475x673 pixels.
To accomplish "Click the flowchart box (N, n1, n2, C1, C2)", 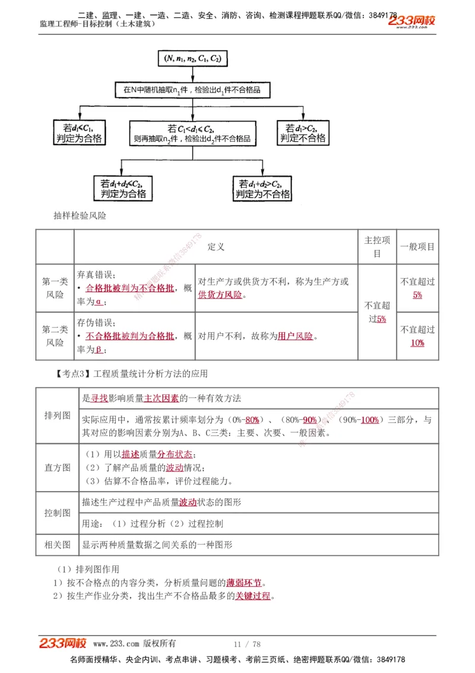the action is (x=192, y=59).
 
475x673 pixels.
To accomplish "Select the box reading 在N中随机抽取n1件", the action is (x=192, y=90).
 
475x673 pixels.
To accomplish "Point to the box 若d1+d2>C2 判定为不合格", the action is (x=262, y=188).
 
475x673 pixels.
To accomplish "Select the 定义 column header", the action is (x=216, y=247).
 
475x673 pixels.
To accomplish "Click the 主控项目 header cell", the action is (x=377, y=247).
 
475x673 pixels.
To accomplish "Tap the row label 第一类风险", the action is (x=55, y=288).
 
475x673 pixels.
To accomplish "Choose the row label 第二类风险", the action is (x=55, y=336).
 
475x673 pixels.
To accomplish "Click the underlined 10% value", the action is (x=417, y=343).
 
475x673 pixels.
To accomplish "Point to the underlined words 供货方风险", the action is (x=220, y=295).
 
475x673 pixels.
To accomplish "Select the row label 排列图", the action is (x=58, y=415).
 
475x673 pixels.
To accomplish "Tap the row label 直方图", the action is (x=58, y=467).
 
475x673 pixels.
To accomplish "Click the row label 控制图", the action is (x=58, y=512).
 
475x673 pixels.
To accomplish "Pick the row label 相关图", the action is (x=58, y=544).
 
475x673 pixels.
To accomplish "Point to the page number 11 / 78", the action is (x=247, y=644).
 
